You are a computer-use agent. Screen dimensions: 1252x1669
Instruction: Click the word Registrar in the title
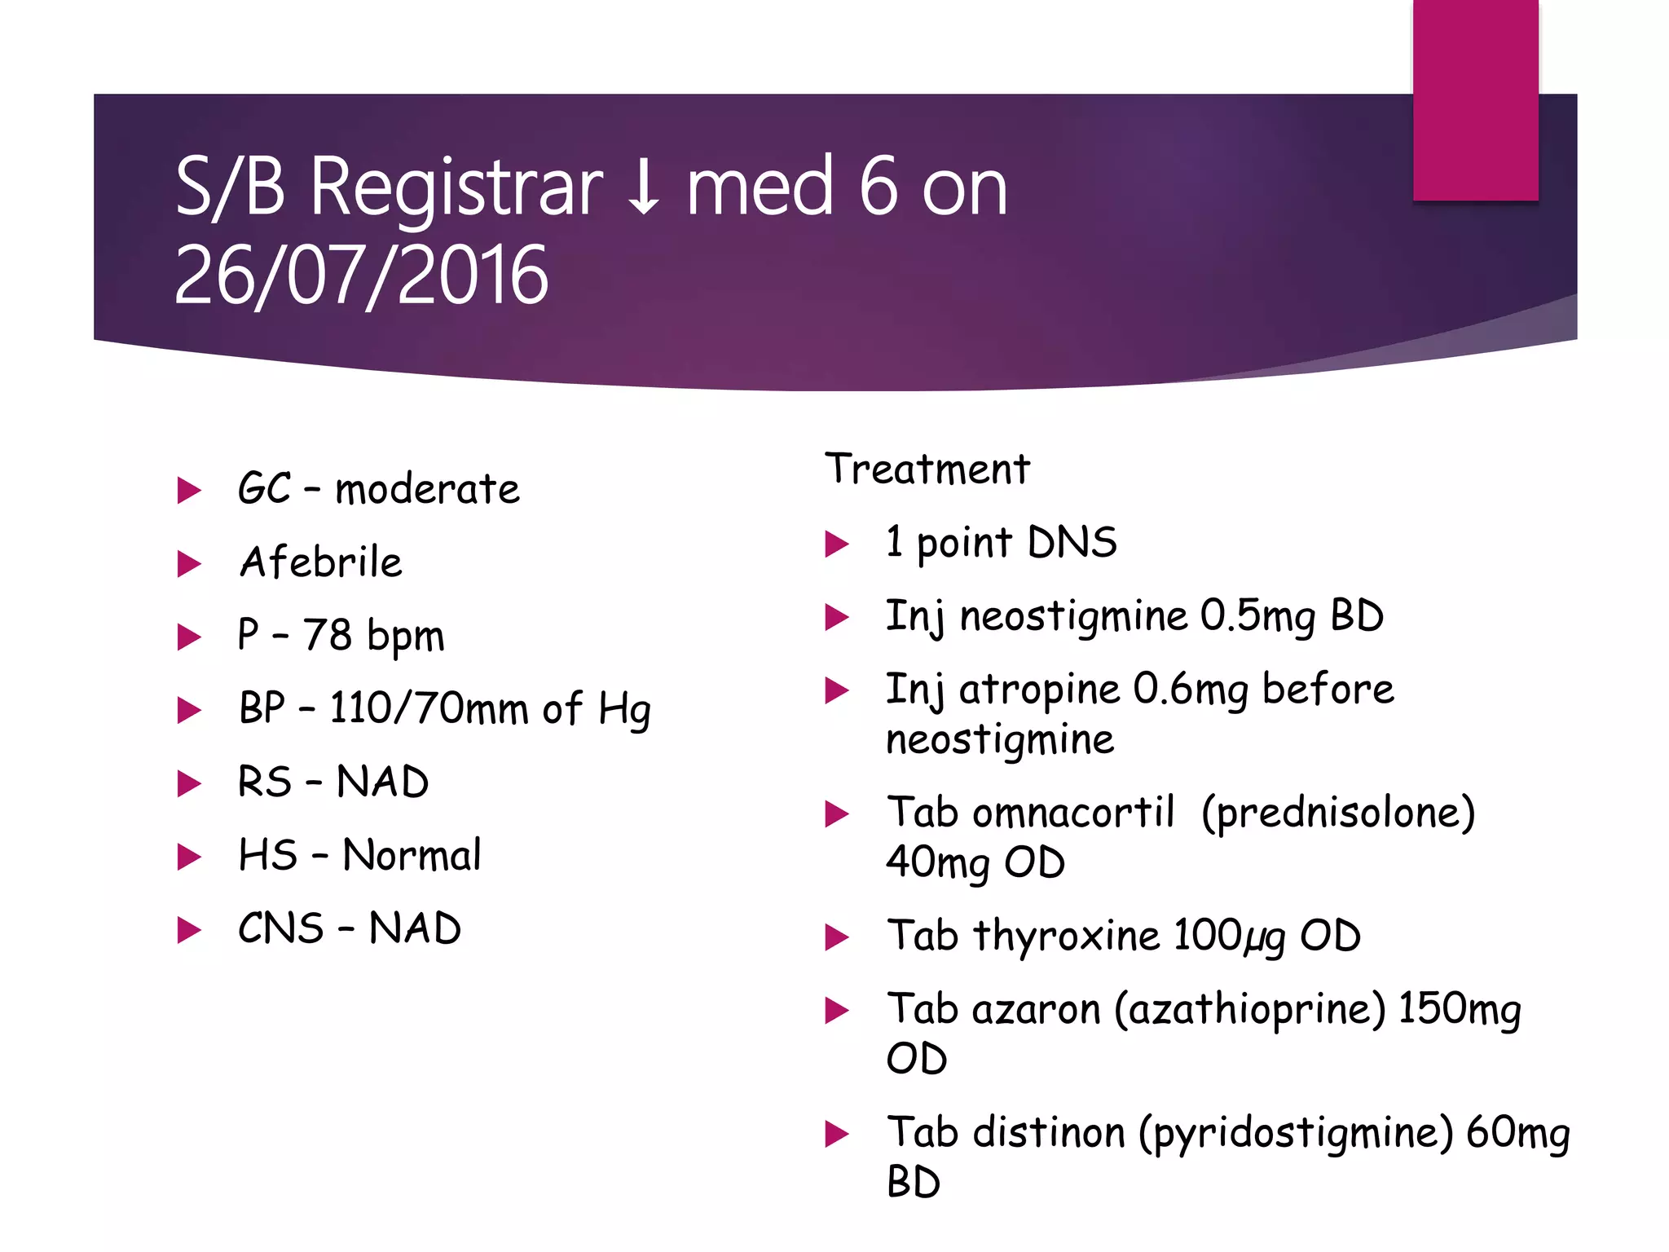coord(456,189)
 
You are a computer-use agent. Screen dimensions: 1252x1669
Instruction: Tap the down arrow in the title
coord(644,189)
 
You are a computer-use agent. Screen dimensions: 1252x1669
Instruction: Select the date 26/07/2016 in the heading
coord(361,276)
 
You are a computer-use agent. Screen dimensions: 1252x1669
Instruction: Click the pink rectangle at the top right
coord(1475,99)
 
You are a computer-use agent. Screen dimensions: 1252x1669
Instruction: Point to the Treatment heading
coord(927,469)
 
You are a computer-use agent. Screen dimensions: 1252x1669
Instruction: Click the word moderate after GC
coord(427,489)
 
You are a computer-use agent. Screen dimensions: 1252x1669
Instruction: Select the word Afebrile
coord(321,562)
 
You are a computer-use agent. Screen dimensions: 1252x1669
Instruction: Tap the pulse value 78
coord(328,635)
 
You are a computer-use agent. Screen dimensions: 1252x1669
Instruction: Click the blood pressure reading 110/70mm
coord(429,708)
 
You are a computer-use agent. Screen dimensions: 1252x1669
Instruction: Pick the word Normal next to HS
coord(412,855)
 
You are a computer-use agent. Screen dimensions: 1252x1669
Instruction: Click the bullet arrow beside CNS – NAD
coord(189,930)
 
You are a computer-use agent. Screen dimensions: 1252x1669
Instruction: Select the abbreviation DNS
coord(1072,543)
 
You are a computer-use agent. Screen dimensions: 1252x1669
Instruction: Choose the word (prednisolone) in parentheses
coord(1338,813)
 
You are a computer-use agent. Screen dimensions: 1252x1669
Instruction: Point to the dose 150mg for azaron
coord(1460,1010)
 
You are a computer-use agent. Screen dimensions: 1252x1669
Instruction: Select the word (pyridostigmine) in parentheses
coord(1296,1133)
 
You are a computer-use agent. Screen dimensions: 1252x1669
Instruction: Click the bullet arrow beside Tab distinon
coord(837,1134)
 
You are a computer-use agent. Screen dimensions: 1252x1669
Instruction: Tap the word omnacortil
coord(1072,813)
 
